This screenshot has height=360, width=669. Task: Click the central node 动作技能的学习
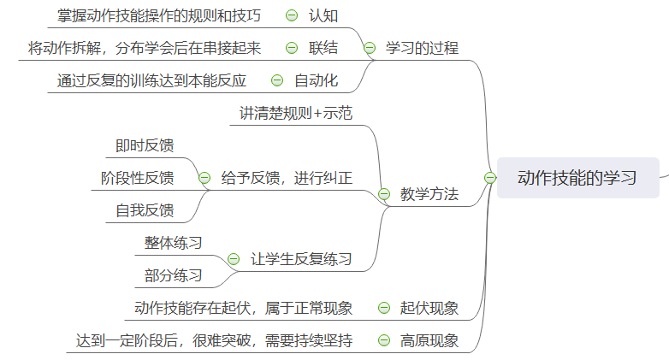(577, 178)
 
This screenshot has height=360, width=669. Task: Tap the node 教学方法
(429, 194)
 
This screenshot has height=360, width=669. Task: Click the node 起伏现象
(429, 308)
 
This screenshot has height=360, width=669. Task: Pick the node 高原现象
(429, 340)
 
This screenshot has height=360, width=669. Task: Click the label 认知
(323, 15)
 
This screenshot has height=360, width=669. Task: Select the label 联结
(323, 48)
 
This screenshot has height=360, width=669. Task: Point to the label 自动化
(316, 81)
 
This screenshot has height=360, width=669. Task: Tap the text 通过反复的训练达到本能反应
(151, 81)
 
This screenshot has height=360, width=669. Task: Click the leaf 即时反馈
(145, 145)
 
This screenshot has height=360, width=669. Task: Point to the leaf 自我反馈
(145, 210)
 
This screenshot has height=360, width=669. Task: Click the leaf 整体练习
(174, 243)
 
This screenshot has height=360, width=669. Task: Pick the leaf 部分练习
(174, 275)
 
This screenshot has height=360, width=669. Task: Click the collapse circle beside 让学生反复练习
(233, 259)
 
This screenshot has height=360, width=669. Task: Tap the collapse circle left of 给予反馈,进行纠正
(204, 178)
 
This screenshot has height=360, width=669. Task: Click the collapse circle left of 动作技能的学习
(489, 178)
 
